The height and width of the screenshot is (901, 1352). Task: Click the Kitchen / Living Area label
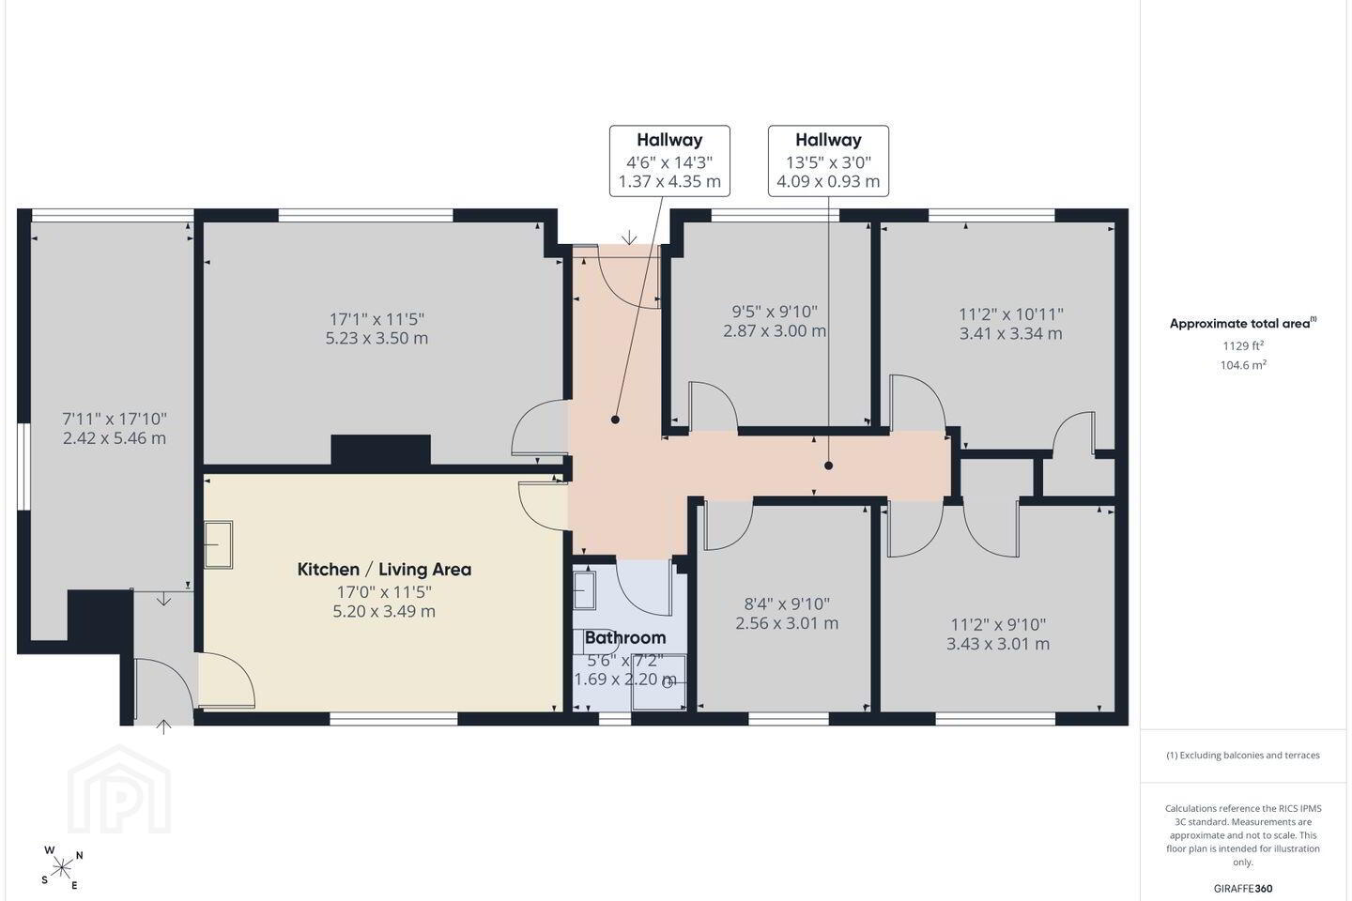pos(384,569)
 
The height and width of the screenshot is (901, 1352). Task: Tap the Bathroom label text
pos(625,637)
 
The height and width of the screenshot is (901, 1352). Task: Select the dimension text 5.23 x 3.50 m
pos(376,338)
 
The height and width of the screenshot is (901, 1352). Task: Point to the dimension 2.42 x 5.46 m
pos(115,438)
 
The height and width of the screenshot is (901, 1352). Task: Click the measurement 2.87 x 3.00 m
pos(775,330)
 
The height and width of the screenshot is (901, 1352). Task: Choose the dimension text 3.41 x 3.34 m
pos(1010,333)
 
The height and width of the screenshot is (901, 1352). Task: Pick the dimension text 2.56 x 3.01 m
pos(787,623)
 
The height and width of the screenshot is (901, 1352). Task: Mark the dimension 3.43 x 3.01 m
pos(998,643)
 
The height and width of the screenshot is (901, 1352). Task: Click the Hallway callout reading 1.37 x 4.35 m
pos(669,161)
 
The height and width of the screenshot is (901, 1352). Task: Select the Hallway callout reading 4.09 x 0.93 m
pos(828,161)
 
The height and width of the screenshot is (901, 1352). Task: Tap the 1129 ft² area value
pos(1243,345)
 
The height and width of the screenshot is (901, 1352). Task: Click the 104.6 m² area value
pos(1243,365)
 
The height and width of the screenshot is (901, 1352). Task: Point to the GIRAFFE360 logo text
pos(1243,888)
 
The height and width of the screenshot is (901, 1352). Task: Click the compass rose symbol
pos(62,868)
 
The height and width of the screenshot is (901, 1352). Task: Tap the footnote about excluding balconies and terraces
pos(1243,755)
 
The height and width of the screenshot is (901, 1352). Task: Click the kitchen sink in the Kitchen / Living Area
pos(218,545)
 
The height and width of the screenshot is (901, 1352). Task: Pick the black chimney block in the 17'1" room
pos(381,450)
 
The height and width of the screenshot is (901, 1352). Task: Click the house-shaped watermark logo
pos(119,789)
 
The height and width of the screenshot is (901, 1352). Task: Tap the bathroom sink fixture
pos(584,590)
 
